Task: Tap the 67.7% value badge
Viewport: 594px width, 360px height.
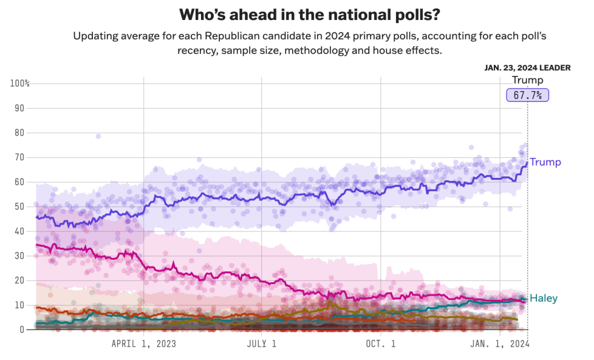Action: click(x=527, y=95)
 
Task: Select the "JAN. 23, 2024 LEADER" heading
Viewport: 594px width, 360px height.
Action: click(x=527, y=68)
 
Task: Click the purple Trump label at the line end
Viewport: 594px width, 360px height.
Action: click(x=545, y=162)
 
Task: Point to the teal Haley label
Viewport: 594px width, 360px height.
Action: click(x=543, y=298)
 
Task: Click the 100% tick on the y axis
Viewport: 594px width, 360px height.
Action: click(x=19, y=83)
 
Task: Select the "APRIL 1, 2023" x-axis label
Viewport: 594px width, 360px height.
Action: click(x=144, y=344)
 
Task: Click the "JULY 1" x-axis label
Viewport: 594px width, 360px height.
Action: click(x=262, y=344)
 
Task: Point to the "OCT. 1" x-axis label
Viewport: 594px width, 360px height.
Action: click(x=380, y=344)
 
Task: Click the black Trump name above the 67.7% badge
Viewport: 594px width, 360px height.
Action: click(x=527, y=80)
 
